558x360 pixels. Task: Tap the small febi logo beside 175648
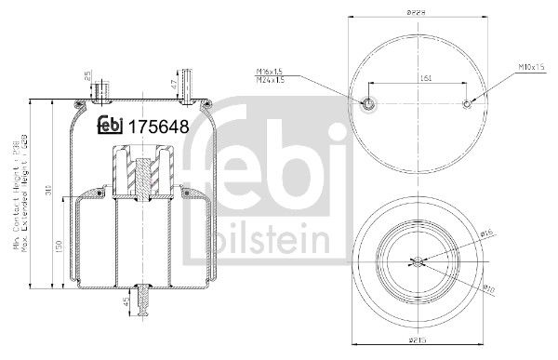(x=112, y=127)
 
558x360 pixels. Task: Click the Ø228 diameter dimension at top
(x=423, y=13)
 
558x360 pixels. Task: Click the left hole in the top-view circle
(x=368, y=103)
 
